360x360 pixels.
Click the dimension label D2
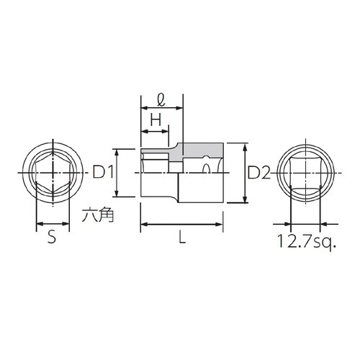click(259, 173)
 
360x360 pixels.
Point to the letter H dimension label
click(154, 120)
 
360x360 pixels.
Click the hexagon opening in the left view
click(53, 173)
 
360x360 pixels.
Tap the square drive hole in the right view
click(307, 173)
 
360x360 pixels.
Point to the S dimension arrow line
click(53, 224)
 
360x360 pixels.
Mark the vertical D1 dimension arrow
click(117, 173)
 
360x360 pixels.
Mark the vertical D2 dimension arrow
click(246, 173)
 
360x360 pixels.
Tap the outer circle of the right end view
click(338, 173)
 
